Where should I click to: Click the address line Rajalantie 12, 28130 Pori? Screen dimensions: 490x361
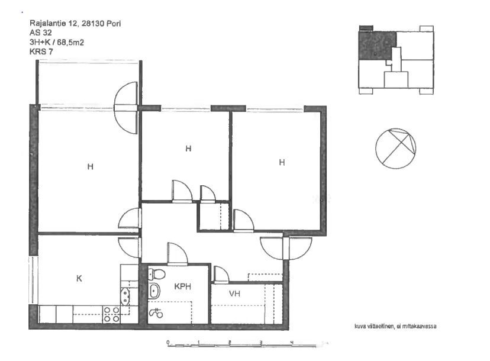point(75,24)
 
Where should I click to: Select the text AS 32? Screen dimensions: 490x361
point(41,33)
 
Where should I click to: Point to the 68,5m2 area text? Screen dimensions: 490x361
point(70,42)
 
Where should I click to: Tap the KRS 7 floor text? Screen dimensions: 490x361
point(41,51)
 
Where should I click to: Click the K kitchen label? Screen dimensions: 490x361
point(79,278)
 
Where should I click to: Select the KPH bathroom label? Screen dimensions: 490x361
point(182,286)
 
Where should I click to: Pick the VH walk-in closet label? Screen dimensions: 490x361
point(234,294)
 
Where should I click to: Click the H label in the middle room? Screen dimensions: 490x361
point(188,149)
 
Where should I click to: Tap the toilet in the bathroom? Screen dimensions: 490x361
point(157,275)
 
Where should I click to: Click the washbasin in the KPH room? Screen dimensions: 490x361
point(154,291)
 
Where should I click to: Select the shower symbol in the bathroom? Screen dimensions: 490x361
point(156,312)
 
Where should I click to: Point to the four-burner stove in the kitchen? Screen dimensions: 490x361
point(112,314)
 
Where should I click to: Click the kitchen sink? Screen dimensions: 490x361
point(125,296)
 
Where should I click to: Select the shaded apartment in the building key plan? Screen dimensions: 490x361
point(378,45)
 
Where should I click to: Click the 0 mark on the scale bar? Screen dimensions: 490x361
point(168,343)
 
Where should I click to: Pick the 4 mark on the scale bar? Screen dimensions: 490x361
point(292,343)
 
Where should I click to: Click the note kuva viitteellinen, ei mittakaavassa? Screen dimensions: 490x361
point(395,326)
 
